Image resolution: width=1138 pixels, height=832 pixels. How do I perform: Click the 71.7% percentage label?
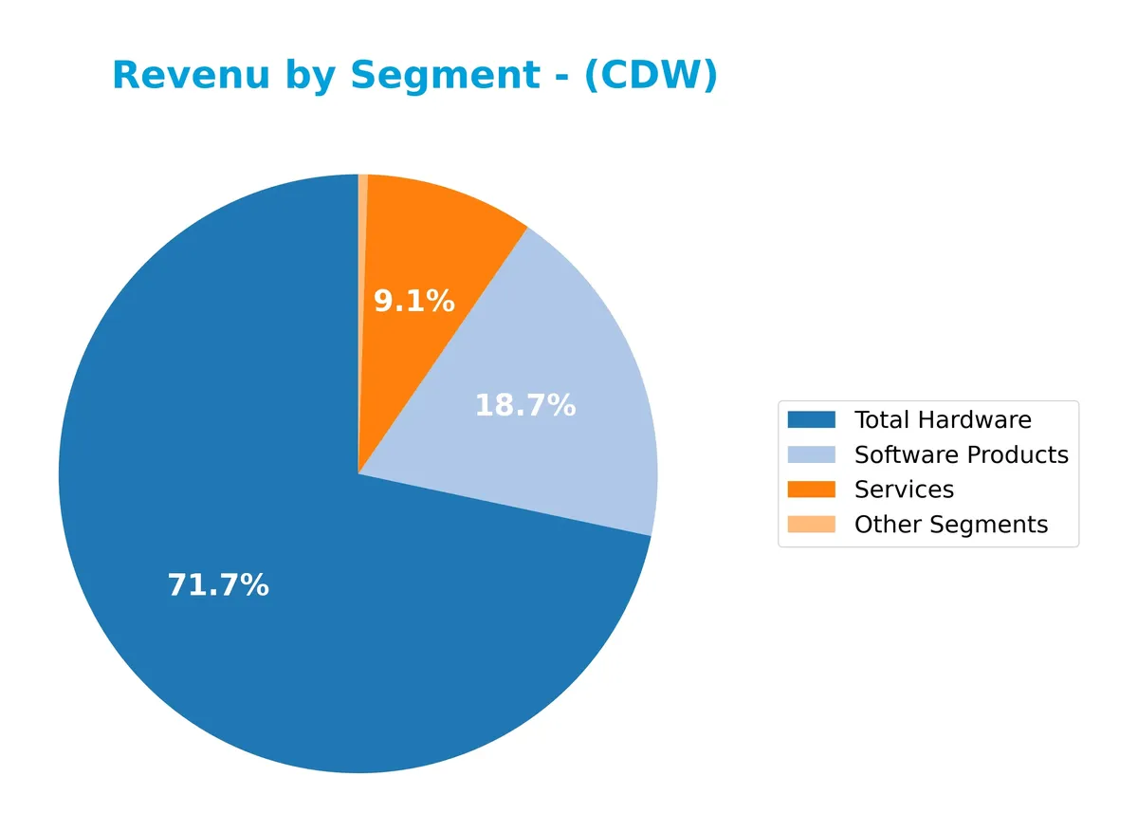pos(218,585)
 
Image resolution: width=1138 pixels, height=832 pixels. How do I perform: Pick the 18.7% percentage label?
pos(524,406)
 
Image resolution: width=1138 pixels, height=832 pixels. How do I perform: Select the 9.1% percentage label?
pos(413,302)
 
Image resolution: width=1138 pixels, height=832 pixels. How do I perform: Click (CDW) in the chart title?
pos(651,76)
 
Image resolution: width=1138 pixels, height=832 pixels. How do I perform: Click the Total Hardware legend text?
pos(942,420)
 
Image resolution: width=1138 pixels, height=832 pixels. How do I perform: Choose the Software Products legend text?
pos(961,455)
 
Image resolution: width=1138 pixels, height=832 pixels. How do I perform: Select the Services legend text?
pos(903,490)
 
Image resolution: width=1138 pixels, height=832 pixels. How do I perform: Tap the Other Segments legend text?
pos(950,525)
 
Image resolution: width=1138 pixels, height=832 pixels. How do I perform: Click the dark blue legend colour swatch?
pos(812,419)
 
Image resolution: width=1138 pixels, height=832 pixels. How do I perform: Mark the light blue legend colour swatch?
pos(812,454)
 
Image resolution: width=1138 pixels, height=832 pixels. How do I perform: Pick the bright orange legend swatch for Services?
pos(812,490)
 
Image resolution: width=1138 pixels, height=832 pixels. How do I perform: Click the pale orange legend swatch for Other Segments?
pos(812,524)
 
